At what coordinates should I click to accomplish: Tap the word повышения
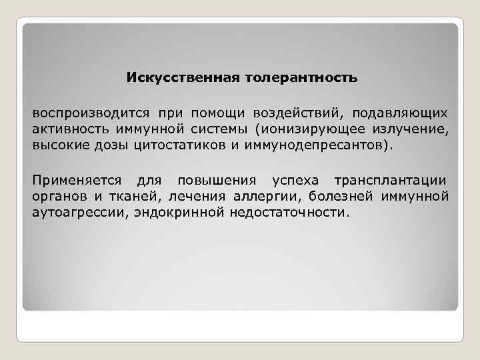click(216, 181)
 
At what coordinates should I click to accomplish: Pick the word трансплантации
click(391, 181)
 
